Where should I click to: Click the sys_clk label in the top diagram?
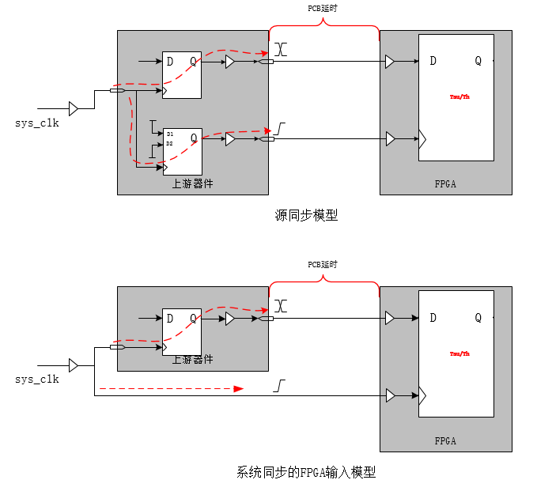[x=37, y=123]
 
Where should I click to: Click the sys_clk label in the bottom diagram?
[x=37, y=380]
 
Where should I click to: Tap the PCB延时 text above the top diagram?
[x=323, y=9]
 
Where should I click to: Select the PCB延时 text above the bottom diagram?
[x=323, y=265]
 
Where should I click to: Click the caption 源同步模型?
[x=305, y=215]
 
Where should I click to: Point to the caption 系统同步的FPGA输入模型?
[x=305, y=473]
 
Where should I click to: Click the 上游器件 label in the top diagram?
[x=193, y=183]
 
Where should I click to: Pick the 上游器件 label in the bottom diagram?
[x=193, y=360]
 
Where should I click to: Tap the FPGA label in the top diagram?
[x=445, y=183]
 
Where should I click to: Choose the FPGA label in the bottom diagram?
[x=445, y=440]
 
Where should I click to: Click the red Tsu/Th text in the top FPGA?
[x=459, y=97]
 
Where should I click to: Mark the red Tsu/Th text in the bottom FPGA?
[x=459, y=353]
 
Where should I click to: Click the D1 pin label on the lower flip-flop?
[x=169, y=134]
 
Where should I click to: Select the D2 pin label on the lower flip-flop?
[x=169, y=144]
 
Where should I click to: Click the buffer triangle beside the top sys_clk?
[x=73, y=108]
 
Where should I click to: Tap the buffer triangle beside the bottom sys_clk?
[x=73, y=365]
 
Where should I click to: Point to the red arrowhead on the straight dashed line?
[x=238, y=389]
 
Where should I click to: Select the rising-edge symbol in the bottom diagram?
[x=280, y=386]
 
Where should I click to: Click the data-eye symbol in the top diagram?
[x=281, y=49]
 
